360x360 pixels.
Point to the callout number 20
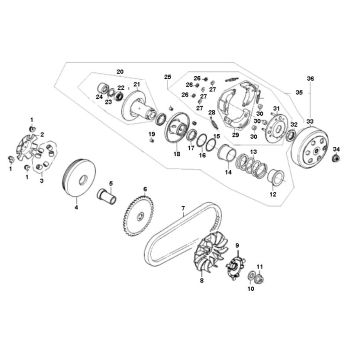pos(120,71)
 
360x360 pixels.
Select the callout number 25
pos(169,77)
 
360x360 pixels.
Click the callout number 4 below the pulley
pos(74,209)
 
